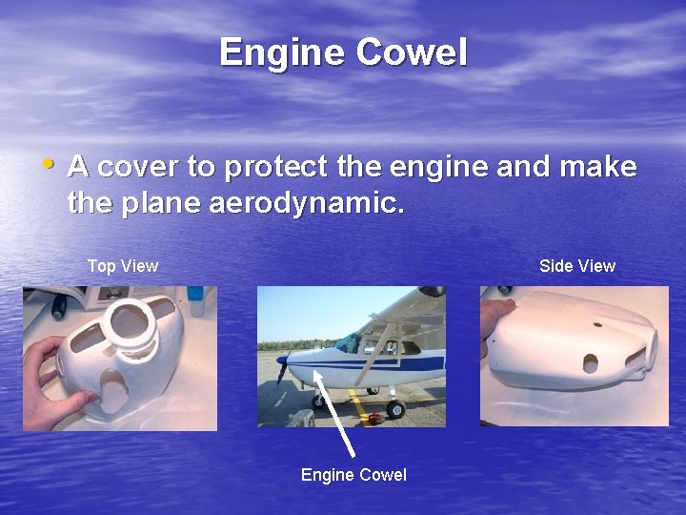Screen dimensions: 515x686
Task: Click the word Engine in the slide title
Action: (x=283, y=52)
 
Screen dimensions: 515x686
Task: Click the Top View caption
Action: (x=123, y=266)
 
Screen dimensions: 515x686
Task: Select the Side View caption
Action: (x=577, y=266)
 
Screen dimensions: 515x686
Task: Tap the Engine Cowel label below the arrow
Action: (x=353, y=475)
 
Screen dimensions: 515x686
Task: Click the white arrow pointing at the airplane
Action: (x=334, y=410)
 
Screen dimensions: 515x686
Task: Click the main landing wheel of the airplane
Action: (x=394, y=409)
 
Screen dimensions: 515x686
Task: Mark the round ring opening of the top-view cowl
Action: (x=130, y=322)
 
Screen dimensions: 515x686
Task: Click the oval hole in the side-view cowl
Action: (x=590, y=362)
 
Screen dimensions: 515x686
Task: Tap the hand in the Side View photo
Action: (x=496, y=324)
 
